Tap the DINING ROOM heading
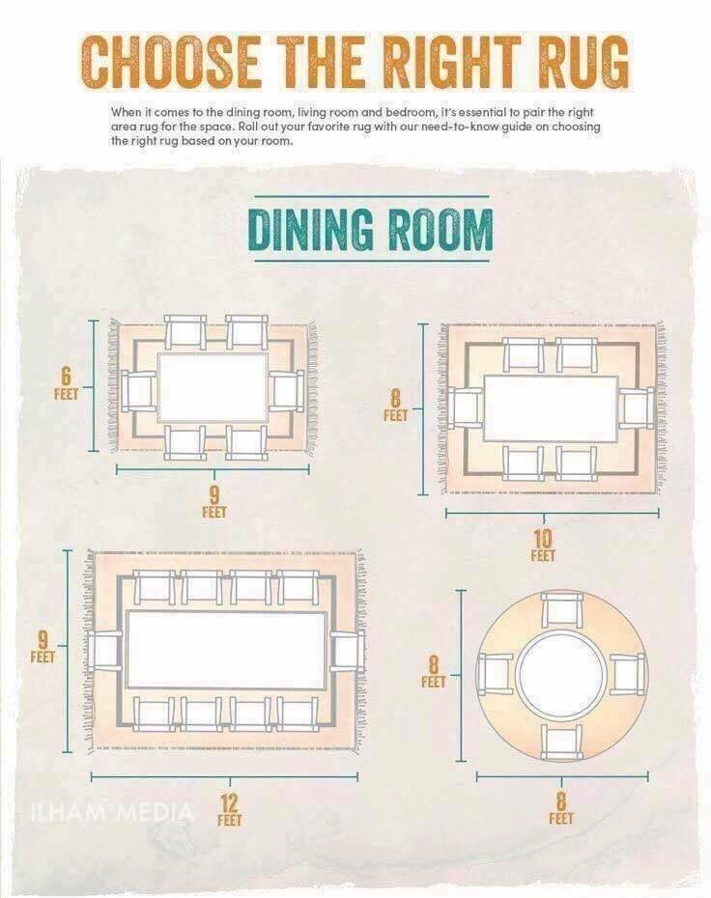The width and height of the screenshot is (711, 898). [371, 229]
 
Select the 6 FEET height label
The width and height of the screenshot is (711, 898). [66, 383]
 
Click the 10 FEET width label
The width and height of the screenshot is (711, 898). [543, 546]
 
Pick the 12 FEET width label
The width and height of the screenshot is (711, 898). [229, 809]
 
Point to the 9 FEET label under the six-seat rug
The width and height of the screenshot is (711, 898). [214, 502]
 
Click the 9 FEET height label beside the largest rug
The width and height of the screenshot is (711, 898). [43, 646]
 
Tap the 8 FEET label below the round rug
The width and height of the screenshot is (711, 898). [561, 807]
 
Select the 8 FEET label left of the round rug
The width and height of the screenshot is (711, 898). [434, 671]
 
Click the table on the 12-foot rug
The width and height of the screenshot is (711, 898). [226, 649]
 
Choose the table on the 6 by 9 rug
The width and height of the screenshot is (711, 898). [213, 387]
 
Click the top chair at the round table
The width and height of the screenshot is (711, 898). [562, 610]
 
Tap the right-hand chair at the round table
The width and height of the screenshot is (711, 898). [627, 674]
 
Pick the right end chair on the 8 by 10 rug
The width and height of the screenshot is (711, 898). [636, 408]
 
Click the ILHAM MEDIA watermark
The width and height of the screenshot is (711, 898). [111, 811]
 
